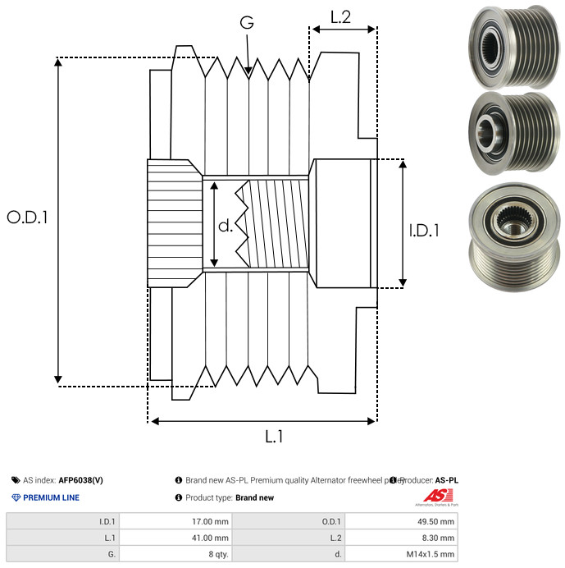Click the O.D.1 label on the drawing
(28, 218)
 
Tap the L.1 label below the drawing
(273, 437)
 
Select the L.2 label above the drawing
(340, 16)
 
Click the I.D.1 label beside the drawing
(424, 231)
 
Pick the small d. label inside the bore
(226, 227)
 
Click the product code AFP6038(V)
(80, 480)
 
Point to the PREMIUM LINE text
(51, 497)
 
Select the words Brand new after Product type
(254, 497)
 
